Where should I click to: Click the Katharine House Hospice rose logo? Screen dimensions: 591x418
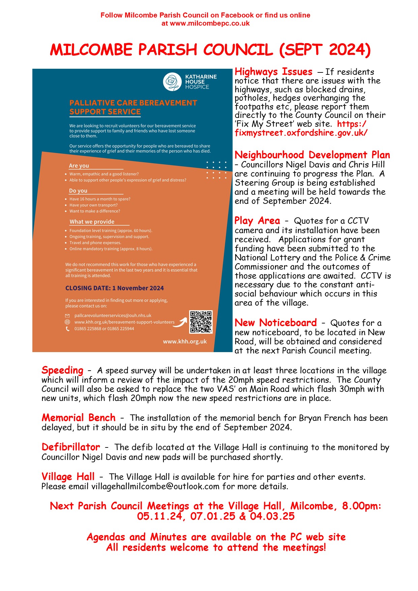172,82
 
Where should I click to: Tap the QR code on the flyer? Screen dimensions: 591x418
201,322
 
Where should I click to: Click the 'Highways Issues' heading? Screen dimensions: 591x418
273,72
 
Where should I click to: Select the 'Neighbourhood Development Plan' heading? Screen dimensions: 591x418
312,155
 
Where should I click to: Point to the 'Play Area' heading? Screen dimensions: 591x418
257,221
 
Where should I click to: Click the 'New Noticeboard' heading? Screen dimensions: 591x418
275,323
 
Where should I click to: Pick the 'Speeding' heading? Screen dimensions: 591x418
62,370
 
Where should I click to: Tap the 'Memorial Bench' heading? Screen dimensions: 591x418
79,418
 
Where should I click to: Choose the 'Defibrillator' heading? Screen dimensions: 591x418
71,447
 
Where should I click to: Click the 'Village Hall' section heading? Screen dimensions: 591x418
68,477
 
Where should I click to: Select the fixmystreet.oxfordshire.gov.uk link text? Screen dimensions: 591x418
301,133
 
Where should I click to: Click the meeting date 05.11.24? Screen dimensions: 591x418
159,516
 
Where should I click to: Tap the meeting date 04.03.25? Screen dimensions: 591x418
272,516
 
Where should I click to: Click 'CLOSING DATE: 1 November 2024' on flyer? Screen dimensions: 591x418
115,288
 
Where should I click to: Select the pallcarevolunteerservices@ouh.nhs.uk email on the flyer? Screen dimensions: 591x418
113,316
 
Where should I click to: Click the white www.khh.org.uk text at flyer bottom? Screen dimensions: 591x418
185,342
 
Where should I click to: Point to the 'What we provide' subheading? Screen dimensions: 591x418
92,222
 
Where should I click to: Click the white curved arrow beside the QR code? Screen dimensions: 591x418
182,322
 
